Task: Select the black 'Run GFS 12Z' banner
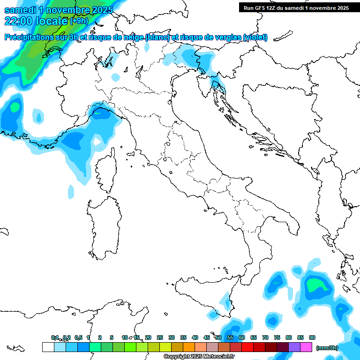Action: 296,7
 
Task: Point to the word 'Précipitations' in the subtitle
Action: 33,37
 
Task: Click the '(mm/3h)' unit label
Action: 327,347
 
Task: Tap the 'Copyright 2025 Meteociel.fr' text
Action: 199,357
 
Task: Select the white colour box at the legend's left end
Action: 48,347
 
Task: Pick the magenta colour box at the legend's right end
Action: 306,347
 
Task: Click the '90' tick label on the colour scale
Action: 312,337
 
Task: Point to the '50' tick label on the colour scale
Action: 218,337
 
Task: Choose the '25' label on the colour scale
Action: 160,337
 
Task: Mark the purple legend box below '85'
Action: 294,347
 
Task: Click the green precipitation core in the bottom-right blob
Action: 315,285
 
